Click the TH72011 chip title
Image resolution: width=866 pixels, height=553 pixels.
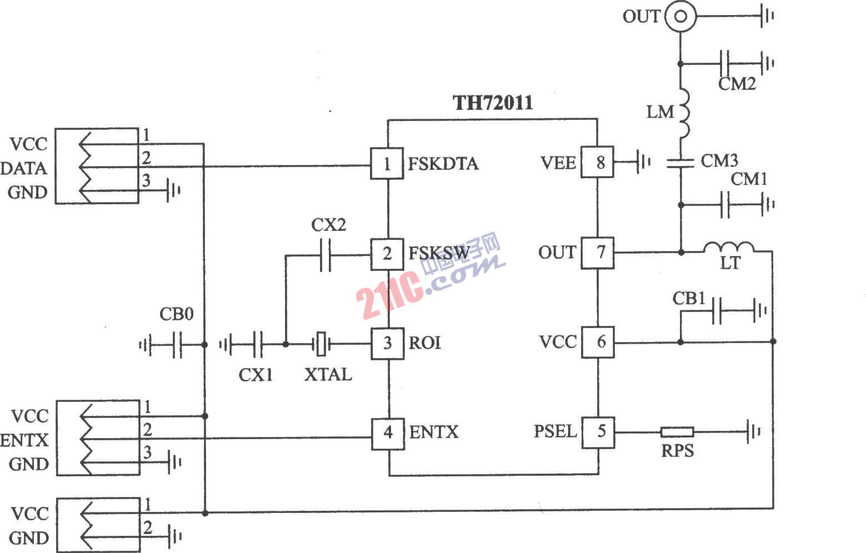click(x=493, y=103)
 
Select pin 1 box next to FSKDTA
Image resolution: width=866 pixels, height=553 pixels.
click(x=387, y=163)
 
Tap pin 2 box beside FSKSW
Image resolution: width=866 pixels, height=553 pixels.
click(x=387, y=254)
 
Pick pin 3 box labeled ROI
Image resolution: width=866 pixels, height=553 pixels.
click(x=388, y=343)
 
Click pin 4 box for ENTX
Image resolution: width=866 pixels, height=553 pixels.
click(x=388, y=432)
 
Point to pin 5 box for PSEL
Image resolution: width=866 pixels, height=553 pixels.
click(x=598, y=431)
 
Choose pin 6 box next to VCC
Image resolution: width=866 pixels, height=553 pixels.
click(x=598, y=342)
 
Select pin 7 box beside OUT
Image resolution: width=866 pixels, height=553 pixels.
click(x=598, y=253)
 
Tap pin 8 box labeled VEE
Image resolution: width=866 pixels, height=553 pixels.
click(x=598, y=163)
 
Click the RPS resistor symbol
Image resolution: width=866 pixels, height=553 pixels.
click(x=677, y=432)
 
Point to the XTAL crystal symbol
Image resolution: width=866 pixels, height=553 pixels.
click(x=321, y=344)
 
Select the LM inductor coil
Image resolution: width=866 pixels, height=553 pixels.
click(x=683, y=113)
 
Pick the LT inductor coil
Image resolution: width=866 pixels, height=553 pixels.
click(x=729, y=248)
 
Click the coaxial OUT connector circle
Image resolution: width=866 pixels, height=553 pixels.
click(x=680, y=17)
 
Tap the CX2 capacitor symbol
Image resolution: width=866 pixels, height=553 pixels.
click(x=326, y=255)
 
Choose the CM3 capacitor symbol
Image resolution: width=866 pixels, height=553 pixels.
click(x=681, y=162)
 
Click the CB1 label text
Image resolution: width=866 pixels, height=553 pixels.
click(x=689, y=299)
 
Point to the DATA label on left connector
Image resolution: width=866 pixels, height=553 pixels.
click(x=24, y=168)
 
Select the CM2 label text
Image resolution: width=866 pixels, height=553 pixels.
click(x=737, y=84)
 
